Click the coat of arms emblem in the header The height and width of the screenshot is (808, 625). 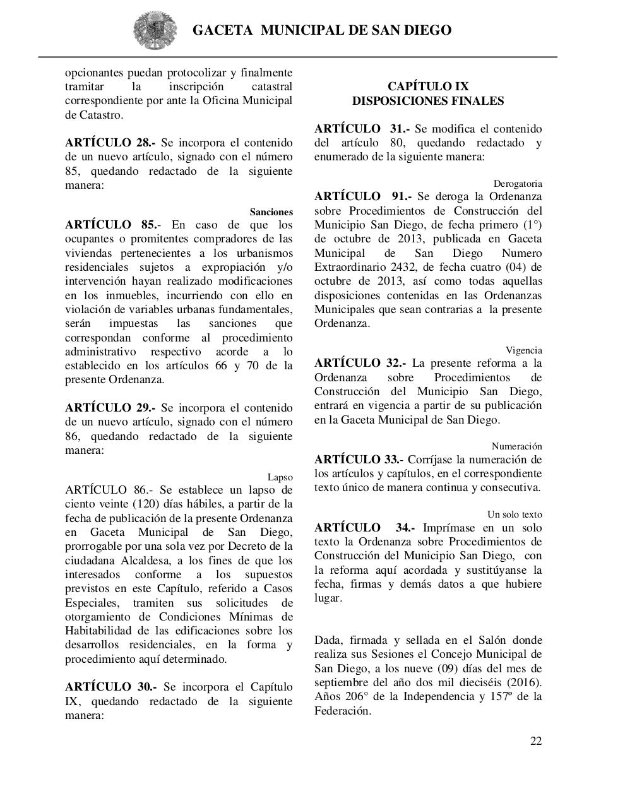151,30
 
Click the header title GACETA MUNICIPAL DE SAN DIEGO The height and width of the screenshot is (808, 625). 321,30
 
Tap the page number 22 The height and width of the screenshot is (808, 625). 535,741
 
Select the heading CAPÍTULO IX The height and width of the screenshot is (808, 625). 427,86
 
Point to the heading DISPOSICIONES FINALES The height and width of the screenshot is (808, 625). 427,101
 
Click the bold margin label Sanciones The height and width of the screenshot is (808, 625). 271,212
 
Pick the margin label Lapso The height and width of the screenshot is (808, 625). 280,477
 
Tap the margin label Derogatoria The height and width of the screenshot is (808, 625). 517,184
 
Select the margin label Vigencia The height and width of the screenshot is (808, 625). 523,350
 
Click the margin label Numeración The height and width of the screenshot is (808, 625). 516,446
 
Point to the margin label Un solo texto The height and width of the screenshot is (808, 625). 514,514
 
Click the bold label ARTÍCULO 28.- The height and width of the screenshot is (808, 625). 110,143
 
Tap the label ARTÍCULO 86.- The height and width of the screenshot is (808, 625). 108,490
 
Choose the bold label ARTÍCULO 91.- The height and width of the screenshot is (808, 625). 362,196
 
